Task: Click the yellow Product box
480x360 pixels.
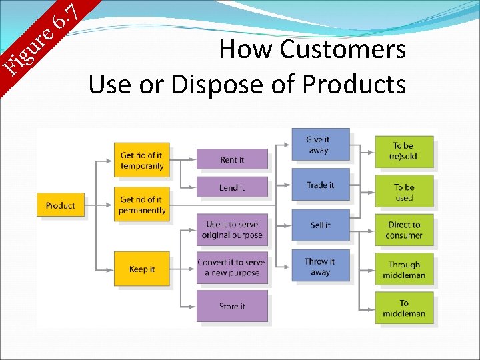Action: (x=61, y=205)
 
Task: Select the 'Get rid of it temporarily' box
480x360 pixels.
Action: (x=141, y=160)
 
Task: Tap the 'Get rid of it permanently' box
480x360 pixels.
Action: (x=141, y=205)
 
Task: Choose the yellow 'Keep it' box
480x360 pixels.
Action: (x=141, y=269)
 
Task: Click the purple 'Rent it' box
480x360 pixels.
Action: (x=232, y=159)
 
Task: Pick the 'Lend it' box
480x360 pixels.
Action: (x=232, y=187)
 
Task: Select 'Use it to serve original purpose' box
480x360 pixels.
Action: (x=232, y=229)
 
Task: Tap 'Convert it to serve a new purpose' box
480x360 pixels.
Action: (x=232, y=267)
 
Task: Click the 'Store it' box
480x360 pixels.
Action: (x=232, y=306)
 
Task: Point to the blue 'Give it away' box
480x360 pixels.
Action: (x=320, y=145)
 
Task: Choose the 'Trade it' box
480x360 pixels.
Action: (x=320, y=185)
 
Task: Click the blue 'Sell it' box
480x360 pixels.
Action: (x=320, y=225)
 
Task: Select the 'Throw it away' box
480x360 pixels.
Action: (x=320, y=266)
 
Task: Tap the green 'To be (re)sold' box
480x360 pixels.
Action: (x=404, y=151)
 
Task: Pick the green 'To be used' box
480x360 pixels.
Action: (x=404, y=192)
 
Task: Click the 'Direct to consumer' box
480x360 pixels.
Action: (x=404, y=229)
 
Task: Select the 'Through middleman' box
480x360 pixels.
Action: (x=404, y=269)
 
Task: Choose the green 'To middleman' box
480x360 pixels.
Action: (x=404, y=307)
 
